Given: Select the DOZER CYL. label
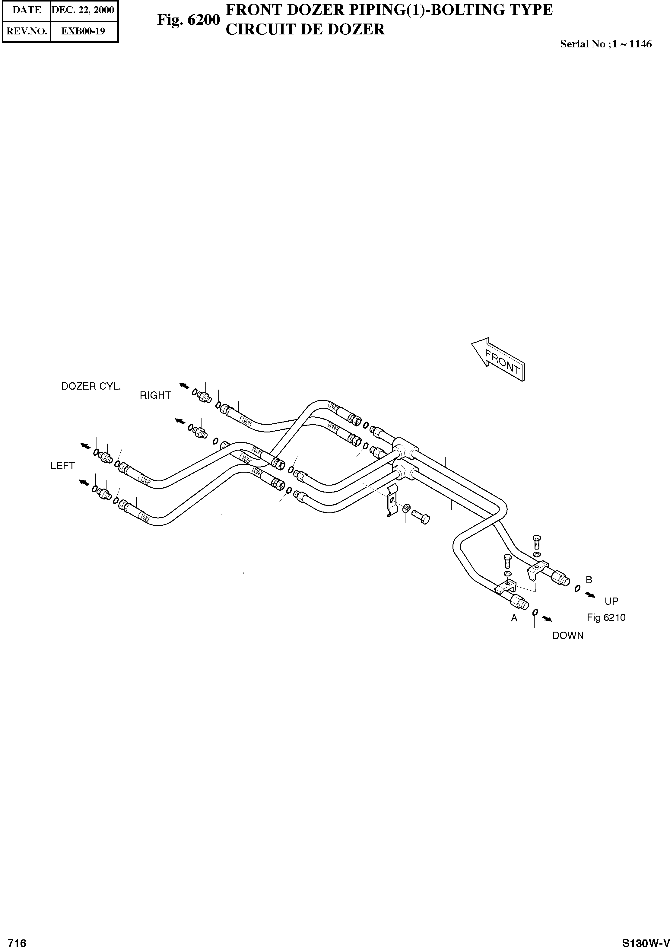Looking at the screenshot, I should (x=91, y=386).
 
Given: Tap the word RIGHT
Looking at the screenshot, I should (x=155, y=395).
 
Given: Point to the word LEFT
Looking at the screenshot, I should (x=62, y=465).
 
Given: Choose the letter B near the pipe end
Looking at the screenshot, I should (x=589, y=580).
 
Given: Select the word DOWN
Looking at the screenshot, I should (x=568, y=636).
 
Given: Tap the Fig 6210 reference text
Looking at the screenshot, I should (x=606, y=618).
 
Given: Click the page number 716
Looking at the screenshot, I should (x=17, y=939).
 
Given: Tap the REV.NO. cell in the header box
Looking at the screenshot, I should (x=27, y=31).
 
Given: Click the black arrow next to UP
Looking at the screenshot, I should (x=590, y=595).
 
